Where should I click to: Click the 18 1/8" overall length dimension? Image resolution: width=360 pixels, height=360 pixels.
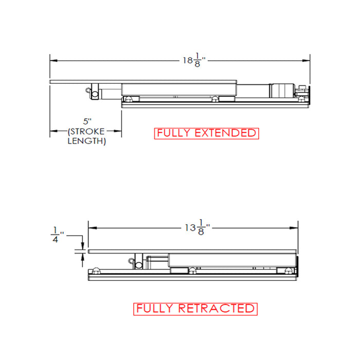click(193, 61)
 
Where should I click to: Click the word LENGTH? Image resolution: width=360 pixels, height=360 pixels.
click(87, 140)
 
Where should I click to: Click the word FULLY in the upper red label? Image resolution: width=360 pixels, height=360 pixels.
click(172, 133)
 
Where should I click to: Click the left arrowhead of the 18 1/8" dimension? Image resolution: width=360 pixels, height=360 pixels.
click(52, 61)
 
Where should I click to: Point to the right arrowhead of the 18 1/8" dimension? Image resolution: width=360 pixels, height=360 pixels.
click(308, 61)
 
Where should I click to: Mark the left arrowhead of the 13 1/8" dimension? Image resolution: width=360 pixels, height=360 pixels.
click(92, 227)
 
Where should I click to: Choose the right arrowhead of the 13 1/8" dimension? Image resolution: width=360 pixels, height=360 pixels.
click(296, 227)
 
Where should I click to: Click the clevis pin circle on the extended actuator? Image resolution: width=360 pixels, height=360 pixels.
click(95, 94)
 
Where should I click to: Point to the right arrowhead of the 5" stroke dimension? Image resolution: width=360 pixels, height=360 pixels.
click(119, 132)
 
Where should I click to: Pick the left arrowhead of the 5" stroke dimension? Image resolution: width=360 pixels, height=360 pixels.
click(52, 132)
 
